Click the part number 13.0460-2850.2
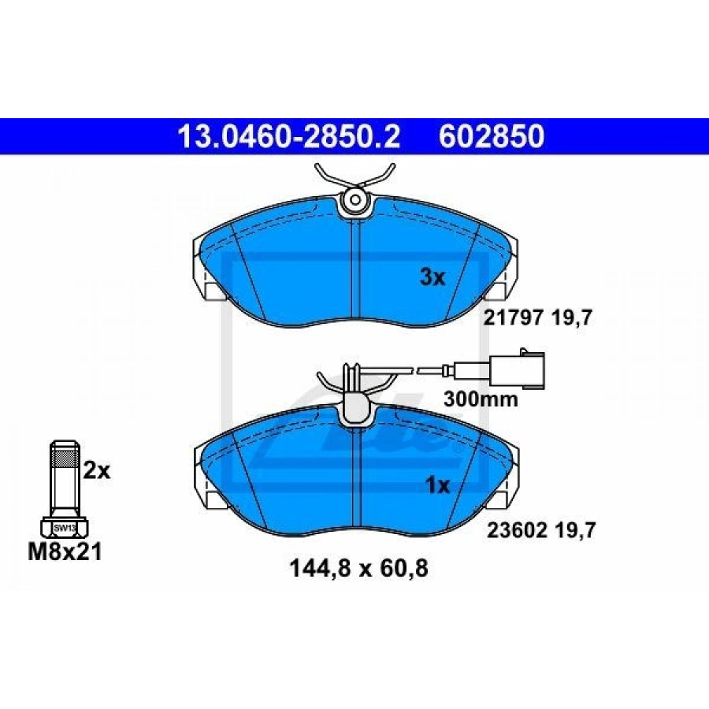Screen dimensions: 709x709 click(289, 136)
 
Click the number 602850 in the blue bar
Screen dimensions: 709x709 click(492, 136)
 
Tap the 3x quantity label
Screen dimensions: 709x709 click(432, 277)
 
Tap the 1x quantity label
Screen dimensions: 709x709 click(438, 485)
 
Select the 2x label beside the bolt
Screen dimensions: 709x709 click(97, 471)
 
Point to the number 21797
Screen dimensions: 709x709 click(513, 318)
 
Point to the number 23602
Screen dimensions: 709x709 click(516, 530)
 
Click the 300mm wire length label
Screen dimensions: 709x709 click(481, 399)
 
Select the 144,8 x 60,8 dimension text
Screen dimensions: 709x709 click(358, 569)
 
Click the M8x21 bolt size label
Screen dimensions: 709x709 click(65, 551)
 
